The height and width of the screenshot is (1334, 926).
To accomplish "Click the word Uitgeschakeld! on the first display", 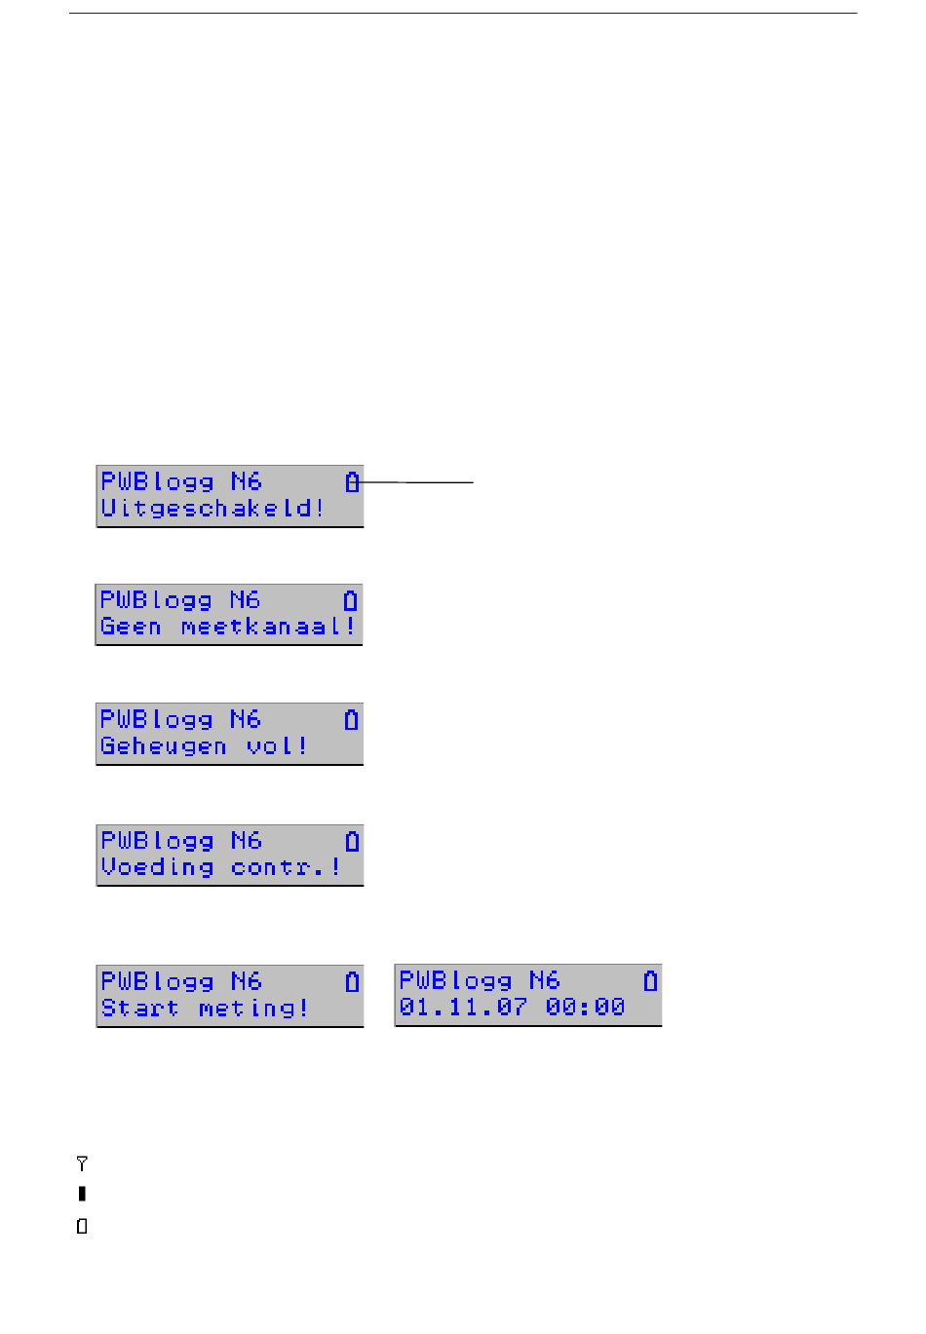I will pyautogui.click(x=212, y=509).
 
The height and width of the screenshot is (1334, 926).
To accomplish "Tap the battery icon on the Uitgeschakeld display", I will pyautogui.click(x=352, y=481).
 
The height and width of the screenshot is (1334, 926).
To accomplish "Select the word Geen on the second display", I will pyautogui.click(x=131, y=628).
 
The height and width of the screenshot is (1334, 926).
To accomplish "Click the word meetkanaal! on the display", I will pyautogui.click(x=268, y=628).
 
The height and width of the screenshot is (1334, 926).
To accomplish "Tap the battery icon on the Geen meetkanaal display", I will pyautogui.click(x=351, y=600).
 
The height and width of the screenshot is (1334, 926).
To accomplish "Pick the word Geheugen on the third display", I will pyautogui.click(x=163, y=747).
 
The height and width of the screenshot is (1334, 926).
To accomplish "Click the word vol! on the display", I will pyautogui.click(x=277, y=747).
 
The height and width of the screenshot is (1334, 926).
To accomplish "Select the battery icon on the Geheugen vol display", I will pyautogui.click(x=352, y=720).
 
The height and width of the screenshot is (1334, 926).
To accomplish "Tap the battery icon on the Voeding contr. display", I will pyautogui.click(x=352, y=841).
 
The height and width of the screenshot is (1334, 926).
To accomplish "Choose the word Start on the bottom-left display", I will pyautogui.click(x=139, y=1009).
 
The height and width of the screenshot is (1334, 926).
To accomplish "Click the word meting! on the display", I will pyautogui.click(x=253, y=1009).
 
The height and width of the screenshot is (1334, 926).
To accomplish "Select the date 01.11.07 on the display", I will pyautogui.click(x=463, y=1008).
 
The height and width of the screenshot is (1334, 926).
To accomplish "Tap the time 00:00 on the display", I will pyautogui.click(x=585, y=1008).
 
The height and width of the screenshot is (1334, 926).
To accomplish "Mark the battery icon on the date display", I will pyautogui.click(x=650, y=980).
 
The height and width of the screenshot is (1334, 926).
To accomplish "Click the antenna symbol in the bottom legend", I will pyautogui.click(x=82, y=1163).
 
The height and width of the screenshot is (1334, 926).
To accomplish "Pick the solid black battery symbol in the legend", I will pyautogui.click(x=82, y=1194).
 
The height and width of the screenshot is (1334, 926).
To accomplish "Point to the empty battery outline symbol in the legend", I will pyautogui.click(x=82, y=1226).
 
